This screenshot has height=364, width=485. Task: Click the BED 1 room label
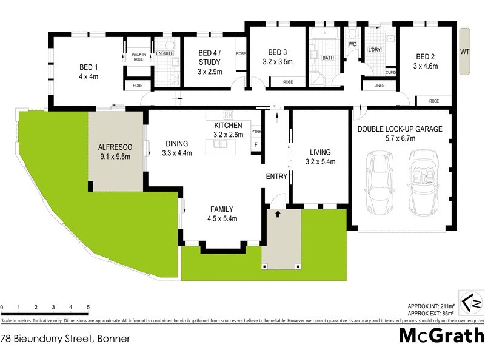pyautogui.click(x=89, y=67)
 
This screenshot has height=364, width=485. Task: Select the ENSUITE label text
pyautogui.click(x=165, y=53)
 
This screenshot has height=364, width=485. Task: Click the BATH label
pyautogui.click(x=328, y=58)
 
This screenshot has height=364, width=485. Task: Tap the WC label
pyautogui.click(x=352, y=45)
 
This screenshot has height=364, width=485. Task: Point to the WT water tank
pyautogui.click(x=464, y=52)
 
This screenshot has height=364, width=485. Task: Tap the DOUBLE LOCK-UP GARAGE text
pyautogui.click(x=400, y=129)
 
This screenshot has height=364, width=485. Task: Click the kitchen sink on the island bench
pyautogui.click(x=220, y=144)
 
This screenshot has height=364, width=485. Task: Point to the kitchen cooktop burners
pyautogui.click(x=228, y=115)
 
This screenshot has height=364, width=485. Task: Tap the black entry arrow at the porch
pyautogui.click(x=278, y=214)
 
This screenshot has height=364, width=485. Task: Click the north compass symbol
pyautogui.click(x=470, y=303)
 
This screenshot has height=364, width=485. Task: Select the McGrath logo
pyautogui.click(x=441, y=335)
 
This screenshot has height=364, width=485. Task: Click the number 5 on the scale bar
pyautogui.click(x=89, y=308)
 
